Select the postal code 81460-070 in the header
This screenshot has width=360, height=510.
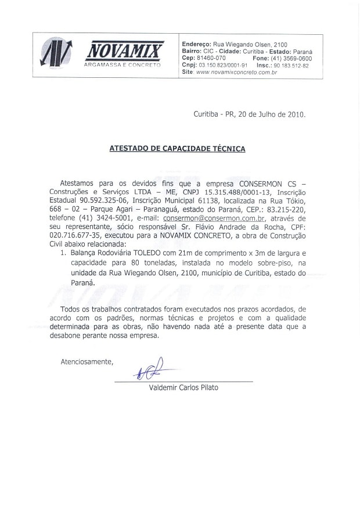click(211, 59)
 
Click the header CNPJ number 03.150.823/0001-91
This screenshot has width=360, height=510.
click(224, 66)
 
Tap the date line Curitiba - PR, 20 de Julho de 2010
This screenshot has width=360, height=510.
click(249, 114)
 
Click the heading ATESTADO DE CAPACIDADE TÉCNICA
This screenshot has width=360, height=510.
click(177, 149)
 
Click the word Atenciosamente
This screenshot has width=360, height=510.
click(87, 362)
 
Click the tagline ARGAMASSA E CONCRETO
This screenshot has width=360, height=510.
click(123, 65)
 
